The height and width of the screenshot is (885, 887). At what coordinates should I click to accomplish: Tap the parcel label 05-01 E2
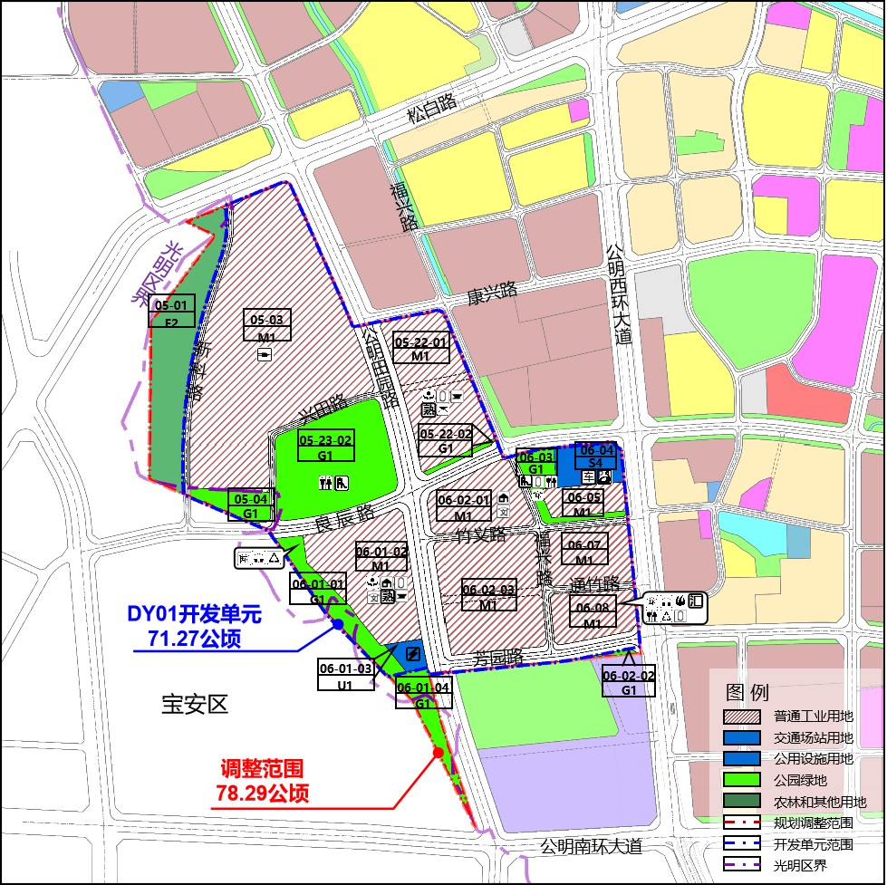171,312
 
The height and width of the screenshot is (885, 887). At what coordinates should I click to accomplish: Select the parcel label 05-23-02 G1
324,447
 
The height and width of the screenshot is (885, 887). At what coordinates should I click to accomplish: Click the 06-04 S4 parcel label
597,456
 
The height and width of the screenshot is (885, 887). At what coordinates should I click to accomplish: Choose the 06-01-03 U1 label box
345,676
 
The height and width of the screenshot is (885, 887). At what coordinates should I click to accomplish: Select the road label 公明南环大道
591,847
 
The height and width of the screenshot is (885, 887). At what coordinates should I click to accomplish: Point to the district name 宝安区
195,704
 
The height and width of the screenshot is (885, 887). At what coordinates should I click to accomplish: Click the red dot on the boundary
439,753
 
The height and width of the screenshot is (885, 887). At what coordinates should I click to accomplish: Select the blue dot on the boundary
337,624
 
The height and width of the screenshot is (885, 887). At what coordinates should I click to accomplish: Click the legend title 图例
747,692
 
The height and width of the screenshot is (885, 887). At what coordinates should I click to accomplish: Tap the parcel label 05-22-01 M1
421,349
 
